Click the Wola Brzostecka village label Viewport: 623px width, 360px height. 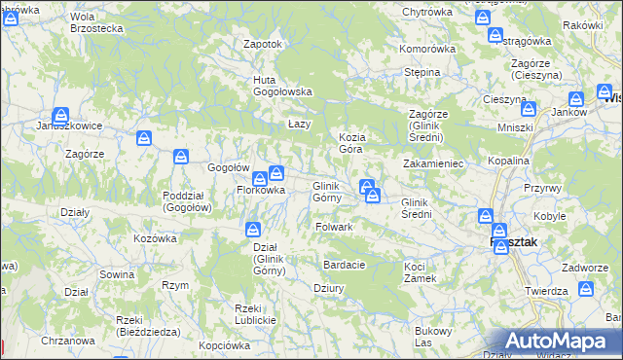96,22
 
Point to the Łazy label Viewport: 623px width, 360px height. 299,125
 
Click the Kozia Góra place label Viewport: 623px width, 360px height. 350,143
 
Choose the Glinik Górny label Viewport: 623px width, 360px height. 325,192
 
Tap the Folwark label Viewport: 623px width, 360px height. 334,227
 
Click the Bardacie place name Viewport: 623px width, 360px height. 346,265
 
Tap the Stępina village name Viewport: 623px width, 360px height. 423,72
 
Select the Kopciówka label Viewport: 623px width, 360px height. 225,345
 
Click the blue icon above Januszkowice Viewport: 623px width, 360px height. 60,114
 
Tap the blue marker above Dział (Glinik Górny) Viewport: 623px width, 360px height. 252,230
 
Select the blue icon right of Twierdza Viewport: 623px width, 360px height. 586,289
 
